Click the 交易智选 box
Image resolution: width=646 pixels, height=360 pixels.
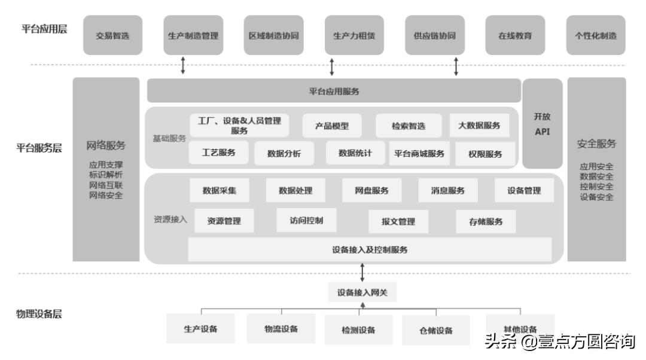(x=112, y=36)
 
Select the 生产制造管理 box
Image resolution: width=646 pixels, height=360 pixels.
(x=193, y=36)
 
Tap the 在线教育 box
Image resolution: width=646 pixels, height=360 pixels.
(x=514, y=36)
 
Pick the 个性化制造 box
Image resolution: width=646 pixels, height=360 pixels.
(x=595, y=36)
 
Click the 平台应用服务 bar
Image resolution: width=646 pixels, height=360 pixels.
(x=334, y=91)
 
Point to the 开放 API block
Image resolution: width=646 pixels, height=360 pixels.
(x=542, y=124)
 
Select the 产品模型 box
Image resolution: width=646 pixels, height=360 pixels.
(x=332, y=126)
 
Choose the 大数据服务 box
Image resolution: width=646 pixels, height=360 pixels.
(x=479, y=126)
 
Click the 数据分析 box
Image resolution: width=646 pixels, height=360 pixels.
(x=284, y=154)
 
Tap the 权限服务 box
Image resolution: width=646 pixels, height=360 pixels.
(x=485, y=154)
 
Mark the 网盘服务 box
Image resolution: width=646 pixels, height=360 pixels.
(x=371, y=191)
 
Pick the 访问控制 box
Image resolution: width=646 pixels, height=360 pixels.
(x=306, y=221)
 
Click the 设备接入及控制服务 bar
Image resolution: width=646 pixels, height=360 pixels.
(x=370, y=250)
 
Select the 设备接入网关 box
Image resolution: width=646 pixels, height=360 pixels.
(x=362, y=292)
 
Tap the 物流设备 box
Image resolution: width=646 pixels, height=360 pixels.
(x=281, y=329)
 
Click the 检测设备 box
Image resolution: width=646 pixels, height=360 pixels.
(x=358, y=330)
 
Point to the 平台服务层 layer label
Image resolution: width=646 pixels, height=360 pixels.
(x=39, y=148)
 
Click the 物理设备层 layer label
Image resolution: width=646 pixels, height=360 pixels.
(x=39, y=314)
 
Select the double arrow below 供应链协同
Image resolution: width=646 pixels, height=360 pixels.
(x=456, y=66)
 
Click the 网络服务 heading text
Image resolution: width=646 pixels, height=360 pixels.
(x=106, y=145)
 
